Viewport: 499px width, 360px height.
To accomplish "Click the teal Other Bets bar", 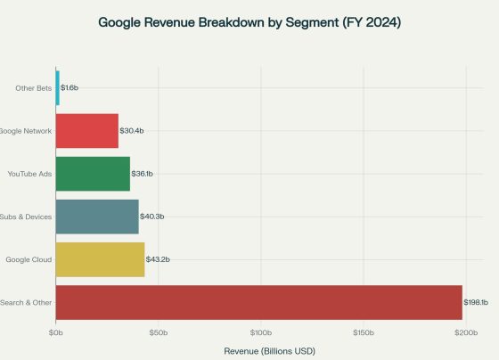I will coord(57,87).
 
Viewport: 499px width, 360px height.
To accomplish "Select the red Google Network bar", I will coord(86,131).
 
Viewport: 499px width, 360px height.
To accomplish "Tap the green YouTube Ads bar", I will coord(93,174).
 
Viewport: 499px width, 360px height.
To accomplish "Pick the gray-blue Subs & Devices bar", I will coord(96,217).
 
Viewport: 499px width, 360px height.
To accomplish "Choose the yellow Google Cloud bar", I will coord(100,259).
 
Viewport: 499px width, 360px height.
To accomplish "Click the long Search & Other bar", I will coord(258,303).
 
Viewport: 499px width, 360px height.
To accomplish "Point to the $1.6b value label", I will coord(70,88).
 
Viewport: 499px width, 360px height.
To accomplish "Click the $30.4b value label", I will coord(132,131).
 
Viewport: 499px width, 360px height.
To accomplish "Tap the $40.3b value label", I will coord(152,217).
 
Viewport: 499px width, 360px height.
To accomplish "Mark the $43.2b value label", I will coord(158,259).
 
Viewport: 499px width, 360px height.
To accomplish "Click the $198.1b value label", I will coord(476,303).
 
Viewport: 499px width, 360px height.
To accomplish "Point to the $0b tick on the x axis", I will coord(55,332).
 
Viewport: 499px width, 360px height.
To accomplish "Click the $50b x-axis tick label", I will coord(158,332).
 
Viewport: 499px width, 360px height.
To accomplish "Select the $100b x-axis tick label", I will coord(260,332).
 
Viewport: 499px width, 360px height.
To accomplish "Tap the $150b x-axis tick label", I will coord(363,332).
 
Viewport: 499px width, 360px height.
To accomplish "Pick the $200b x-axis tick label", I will coord(465,332).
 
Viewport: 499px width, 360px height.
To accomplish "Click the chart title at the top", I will coord(250,21).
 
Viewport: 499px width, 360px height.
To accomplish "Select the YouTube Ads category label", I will coord(29,174).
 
